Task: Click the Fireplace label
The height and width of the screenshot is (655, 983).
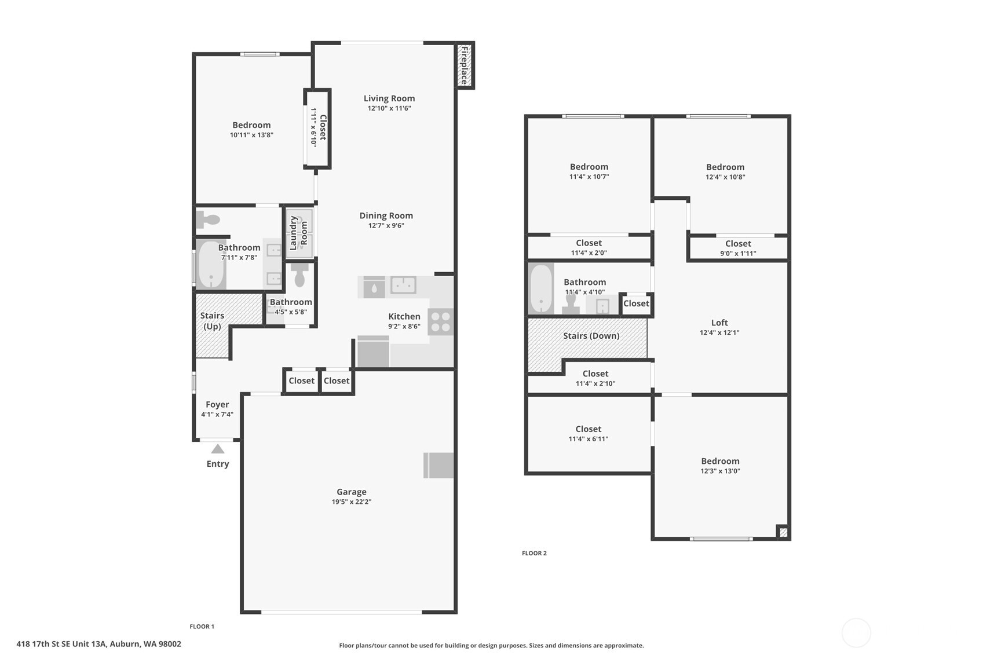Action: coord(464,65)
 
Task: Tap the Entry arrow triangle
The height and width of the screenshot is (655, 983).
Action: coord(218,449)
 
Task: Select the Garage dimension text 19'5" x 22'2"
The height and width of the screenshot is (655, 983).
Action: coord(352,502)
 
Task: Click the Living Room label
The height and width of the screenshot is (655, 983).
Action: coord(389,98)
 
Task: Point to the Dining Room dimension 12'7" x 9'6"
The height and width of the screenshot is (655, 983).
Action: coord(386,225)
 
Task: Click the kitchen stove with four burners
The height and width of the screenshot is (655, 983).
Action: coord(440,322)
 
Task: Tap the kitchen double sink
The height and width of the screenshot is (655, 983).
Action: coord(403,285)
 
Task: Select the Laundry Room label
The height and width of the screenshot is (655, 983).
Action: coord(298,233)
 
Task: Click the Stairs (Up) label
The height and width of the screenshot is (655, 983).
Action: coord(212,321)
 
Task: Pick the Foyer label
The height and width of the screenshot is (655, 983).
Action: coord(217,404)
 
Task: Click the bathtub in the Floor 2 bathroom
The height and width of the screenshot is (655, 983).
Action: coord(541,288)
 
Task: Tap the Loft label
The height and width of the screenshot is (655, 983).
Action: coord(719,323)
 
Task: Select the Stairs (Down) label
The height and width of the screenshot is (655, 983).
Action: coord(591,336)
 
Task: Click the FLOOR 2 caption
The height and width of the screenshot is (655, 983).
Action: coord(534,553)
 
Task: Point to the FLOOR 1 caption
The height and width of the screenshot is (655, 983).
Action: coord(202,627)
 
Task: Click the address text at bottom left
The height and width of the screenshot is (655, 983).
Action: coord(98,644)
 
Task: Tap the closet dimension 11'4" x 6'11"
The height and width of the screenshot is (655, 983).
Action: coord(589,439)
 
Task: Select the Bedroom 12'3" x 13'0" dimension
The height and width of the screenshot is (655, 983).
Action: coord(720,471)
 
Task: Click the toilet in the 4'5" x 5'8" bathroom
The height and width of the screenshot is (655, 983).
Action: coord(299,275)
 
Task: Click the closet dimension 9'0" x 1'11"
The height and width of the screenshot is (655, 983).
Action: coord(738,254)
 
